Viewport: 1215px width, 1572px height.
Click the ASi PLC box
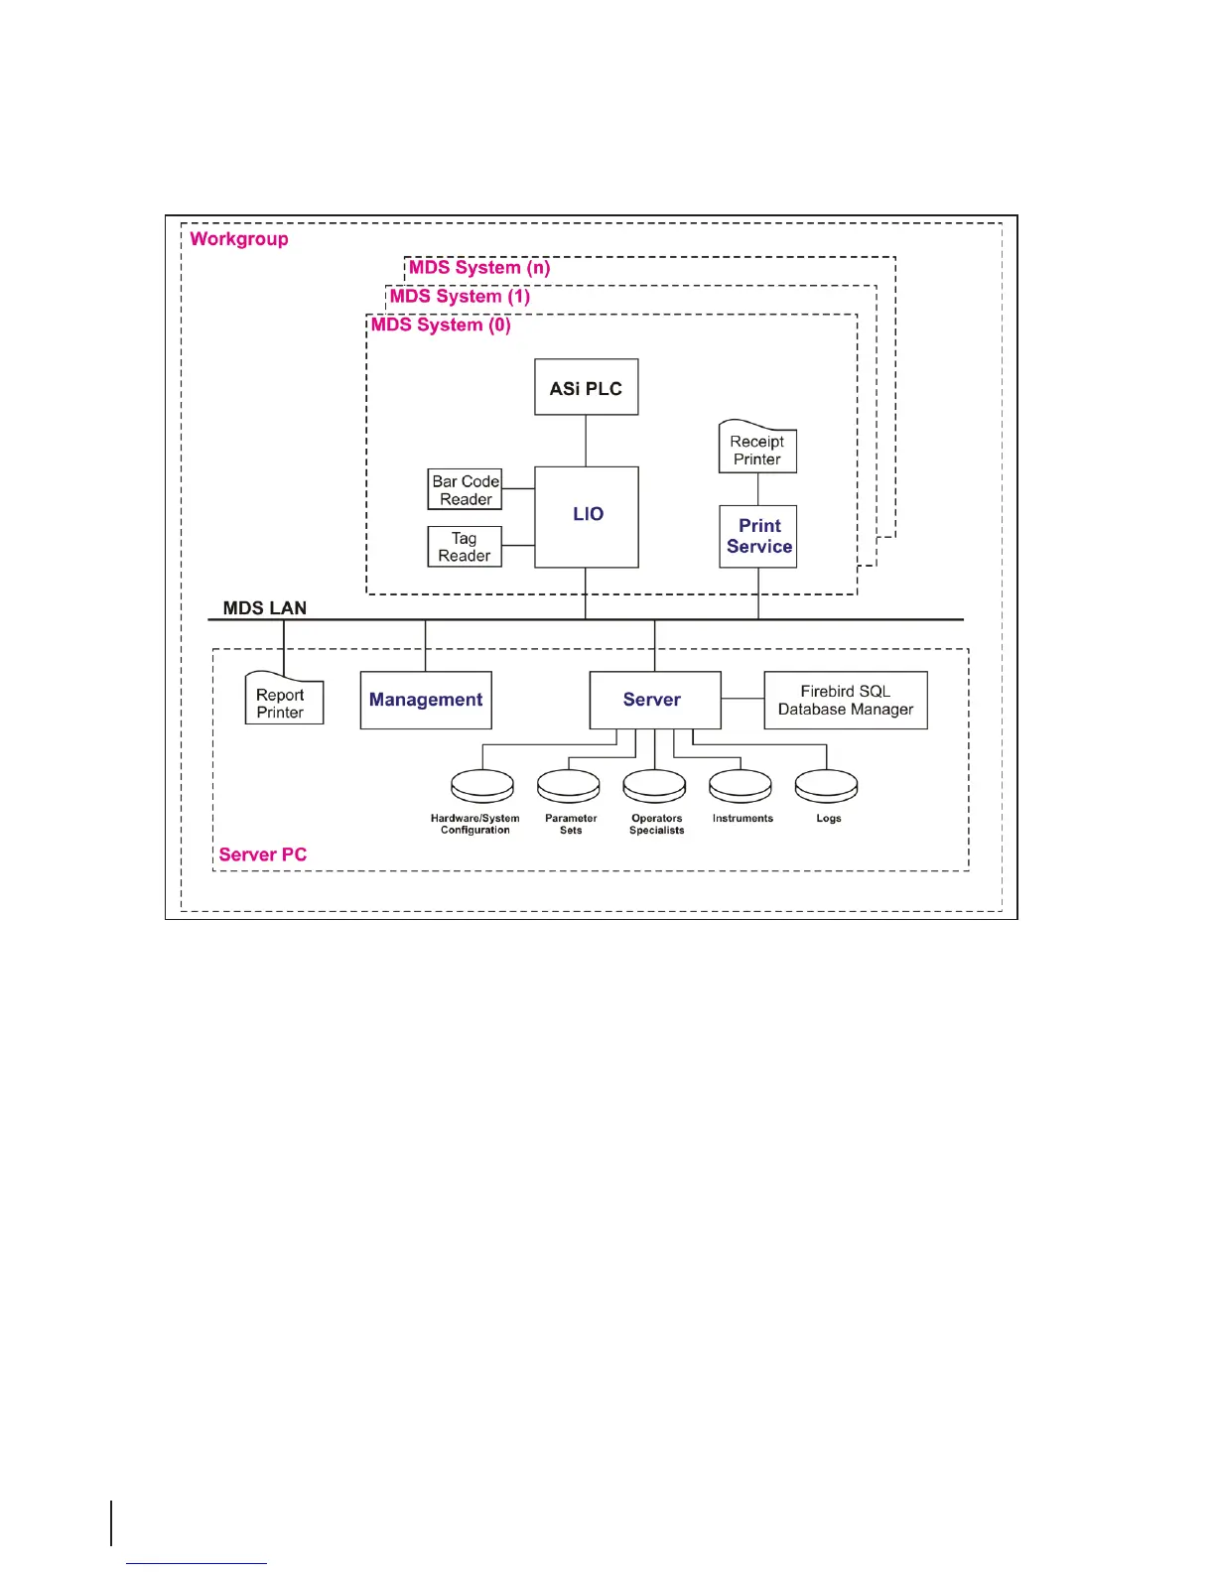pyautogui.click(x=586, y=387)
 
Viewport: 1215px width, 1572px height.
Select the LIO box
pyautogui.click(x=586, y=516)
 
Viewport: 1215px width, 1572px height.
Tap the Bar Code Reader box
pyautogui.click(x=465, y=489)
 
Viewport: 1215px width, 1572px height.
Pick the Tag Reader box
pyautogui.click(x=465, y=547)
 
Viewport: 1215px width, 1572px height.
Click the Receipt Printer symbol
pyautogui.click(x=757, y=448)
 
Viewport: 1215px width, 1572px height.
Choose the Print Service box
pyautogui.click(x=757, y=536)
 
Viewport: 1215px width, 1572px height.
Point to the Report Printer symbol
pyautogui.click(x=283, y=701)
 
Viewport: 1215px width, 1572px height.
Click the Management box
pyautogui.click(x=425, y=700)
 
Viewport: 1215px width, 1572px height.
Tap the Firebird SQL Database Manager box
pyautogui.click(x=845, y=700)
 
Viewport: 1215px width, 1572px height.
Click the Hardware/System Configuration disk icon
pyautogui.click(x=482, y=786)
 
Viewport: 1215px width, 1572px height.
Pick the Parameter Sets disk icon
pyautogui.click(x=568, y=786)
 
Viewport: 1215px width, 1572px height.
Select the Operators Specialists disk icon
pyautogui.click(x=654, y=786)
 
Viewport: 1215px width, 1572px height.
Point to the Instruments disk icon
pyautogui.click(x=741, y=786)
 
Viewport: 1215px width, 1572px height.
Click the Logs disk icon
pyautogui.click(x=826, y=786)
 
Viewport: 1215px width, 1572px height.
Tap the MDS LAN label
pyautogui.click(x=264, y=607)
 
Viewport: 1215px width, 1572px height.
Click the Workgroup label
pyautogui.click(x=238, y=238)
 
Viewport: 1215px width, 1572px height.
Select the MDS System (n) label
pyautogui.click(x=479, y=267)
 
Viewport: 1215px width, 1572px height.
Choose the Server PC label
pyautogui.click(x=262, y=854)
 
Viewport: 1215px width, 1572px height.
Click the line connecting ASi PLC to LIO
pyautogui.click(x=586, y=441)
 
